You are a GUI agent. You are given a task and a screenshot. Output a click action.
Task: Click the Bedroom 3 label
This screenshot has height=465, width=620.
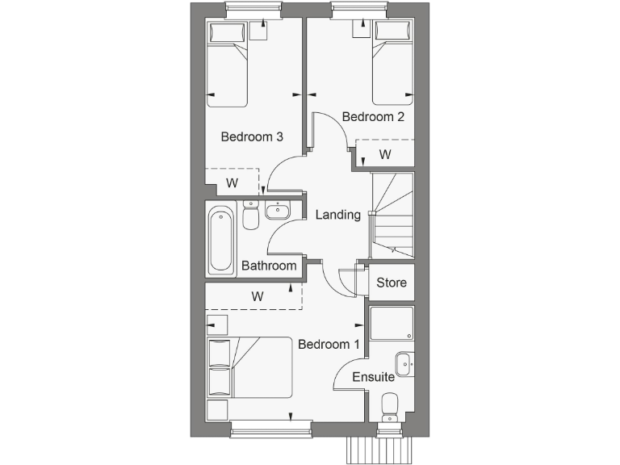pos(252,136)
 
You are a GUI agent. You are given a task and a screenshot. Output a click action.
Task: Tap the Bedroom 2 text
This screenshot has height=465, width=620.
pos(373,116)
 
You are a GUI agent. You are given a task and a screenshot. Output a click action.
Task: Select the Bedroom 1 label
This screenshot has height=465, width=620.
pos(329,344)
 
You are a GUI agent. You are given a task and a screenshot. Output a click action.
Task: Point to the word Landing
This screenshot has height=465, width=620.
pos(337,215)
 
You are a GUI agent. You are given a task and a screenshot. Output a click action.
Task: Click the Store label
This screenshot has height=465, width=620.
pos(392,283)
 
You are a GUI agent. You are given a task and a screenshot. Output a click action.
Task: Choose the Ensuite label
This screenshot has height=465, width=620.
pos(373,377)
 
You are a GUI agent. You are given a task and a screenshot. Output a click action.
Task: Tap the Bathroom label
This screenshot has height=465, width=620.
pos(269,266)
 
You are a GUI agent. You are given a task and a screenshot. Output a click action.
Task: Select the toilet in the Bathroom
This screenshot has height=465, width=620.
pos(250,216)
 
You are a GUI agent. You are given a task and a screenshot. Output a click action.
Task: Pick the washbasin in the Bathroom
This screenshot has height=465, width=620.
pos(277,212)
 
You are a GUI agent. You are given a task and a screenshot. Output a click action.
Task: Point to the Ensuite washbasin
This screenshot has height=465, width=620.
pos(404,363)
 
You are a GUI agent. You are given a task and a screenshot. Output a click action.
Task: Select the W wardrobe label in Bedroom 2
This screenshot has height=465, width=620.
pos(385,153)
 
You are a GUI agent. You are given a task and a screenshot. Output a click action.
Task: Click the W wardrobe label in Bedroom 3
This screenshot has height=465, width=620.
pos(232,183)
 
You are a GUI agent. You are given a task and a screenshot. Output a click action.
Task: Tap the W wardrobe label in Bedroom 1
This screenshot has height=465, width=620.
pos(258,296)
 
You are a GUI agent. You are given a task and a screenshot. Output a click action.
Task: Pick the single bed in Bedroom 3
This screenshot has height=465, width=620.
pos(227,65)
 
